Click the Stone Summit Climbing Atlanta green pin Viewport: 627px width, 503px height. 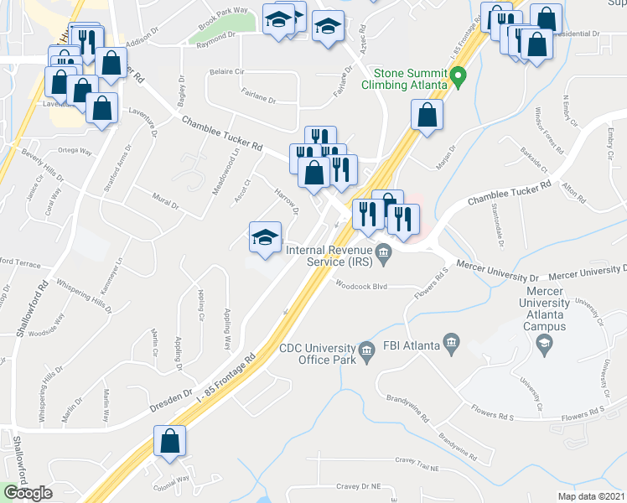(x=458, y=80)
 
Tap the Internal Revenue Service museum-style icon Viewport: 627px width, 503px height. (x=384, y=251)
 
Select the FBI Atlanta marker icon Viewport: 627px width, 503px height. (x=452, y=342)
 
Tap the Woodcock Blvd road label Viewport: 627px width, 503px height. (x=361, y=286)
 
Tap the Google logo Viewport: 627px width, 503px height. (x=28, y=492)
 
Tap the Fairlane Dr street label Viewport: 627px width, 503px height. (x=258, y=99)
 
